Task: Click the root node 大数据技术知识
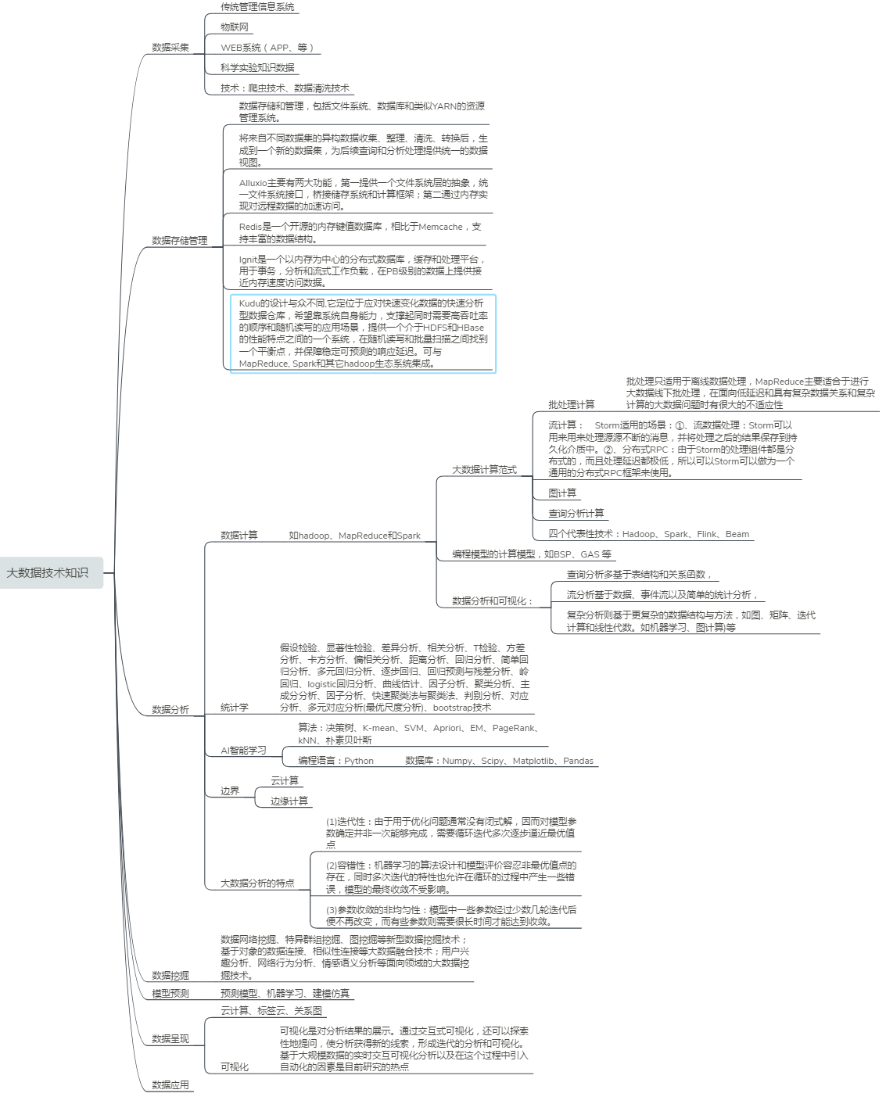pos(48,573)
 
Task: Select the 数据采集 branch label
pos(170,48)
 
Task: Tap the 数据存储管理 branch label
pos(180,241)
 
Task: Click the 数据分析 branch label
pos(170,710)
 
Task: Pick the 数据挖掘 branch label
pos(170,976)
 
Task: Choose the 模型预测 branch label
pos(170,994)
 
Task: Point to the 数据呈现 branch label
pos(170,1039)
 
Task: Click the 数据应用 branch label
pos(170,1085)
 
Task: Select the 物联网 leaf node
pos(235,27)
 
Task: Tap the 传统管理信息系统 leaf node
pos(257,7)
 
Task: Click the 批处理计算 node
pos(571,405)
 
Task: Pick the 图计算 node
pos(562,493)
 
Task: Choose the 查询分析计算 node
pos(576,514)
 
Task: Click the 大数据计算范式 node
pos(484,470)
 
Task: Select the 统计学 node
pos(235,708)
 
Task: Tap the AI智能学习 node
pos(243,751)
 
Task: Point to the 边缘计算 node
pos(289,801)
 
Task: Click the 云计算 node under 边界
pos(285,781)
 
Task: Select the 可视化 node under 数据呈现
pos(235,1067)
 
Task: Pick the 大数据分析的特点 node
pos(257,884)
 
